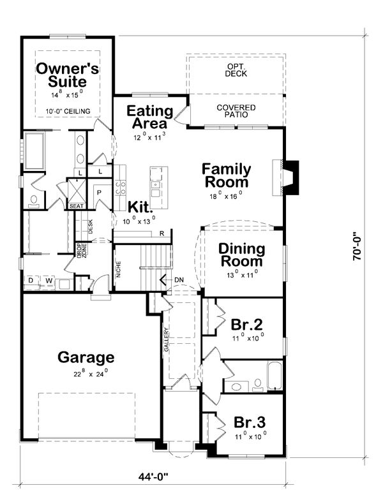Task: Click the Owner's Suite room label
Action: click(x=67, y=75)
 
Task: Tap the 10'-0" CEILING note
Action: click(x=67, y=112)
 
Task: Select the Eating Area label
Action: click(x=150, y=116)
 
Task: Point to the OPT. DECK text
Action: click(x=236, y=70)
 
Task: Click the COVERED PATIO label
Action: click(x=236, y=112)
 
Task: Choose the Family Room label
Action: click(x=226, y=176)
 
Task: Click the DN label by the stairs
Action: click(x=179, y=279)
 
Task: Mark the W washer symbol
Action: click(x=48, y=281)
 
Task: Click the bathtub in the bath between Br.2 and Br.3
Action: click(x=274, y=376)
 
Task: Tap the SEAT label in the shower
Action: click(x=76, y=206)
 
